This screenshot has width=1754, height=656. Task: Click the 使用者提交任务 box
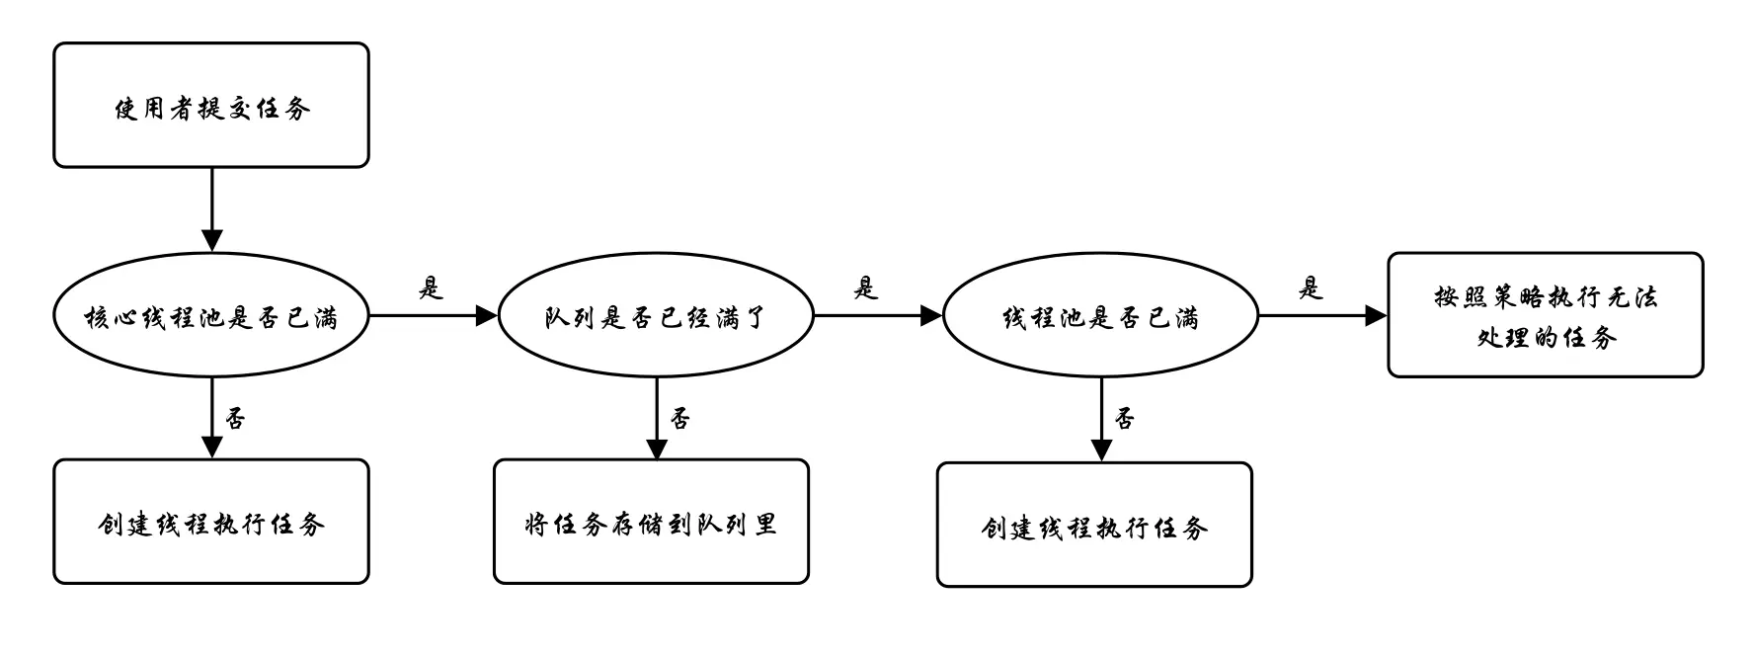click(211, 106)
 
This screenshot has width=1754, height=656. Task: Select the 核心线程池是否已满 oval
click(211, 316)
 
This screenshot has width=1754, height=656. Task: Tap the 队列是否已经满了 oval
click(656, 316)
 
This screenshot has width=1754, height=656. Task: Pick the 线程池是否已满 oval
click(1101, 316)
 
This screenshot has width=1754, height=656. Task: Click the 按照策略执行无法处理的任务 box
click(1546, 315)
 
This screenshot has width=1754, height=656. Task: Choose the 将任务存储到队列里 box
click(652, 522)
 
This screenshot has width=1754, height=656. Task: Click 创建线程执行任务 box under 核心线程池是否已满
click(211, 522)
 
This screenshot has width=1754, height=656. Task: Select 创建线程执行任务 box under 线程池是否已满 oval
click(1094, 525)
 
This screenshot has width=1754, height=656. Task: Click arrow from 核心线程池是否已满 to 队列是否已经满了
click(433, 316)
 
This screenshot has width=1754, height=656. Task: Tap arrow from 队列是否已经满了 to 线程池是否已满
click(877, 316)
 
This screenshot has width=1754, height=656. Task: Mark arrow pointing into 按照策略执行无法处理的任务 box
click(1322, 316)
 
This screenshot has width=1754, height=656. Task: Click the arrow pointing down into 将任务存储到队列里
click(657, 418)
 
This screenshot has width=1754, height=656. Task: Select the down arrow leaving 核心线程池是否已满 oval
click(212, 418)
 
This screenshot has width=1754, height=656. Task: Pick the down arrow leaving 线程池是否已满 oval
click(1102, 420)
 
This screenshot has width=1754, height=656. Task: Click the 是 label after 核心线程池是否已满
click(431, 288)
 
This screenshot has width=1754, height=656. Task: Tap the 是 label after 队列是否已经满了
click(865, 288)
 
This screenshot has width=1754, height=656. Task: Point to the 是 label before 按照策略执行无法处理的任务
click(1310, 288)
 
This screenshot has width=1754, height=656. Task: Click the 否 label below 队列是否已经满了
click(680, 419)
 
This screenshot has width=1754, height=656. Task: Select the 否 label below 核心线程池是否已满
click(235, 419)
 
